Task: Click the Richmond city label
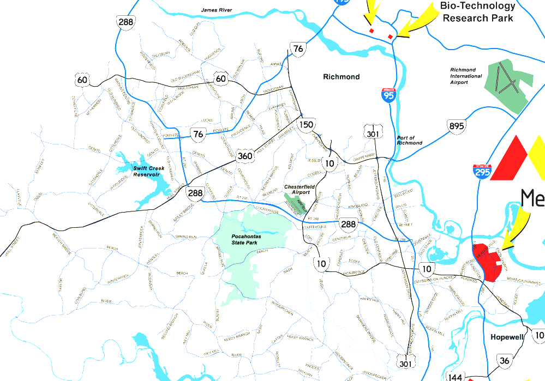point(342,77)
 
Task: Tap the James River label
point(217,10)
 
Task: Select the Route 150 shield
point(306,125)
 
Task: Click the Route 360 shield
point(245,156)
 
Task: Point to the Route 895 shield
point(456,126)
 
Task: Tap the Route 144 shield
point(454,377)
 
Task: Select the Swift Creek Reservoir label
point(148,172)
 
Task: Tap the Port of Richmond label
point(409,141)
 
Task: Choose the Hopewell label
point(507,337)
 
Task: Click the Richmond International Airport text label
point(466,76)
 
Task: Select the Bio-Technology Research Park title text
point(478,11)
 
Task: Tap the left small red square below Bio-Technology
point(372,31)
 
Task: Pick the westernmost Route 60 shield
point(82,81)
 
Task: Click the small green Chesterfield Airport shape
point(297,203)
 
